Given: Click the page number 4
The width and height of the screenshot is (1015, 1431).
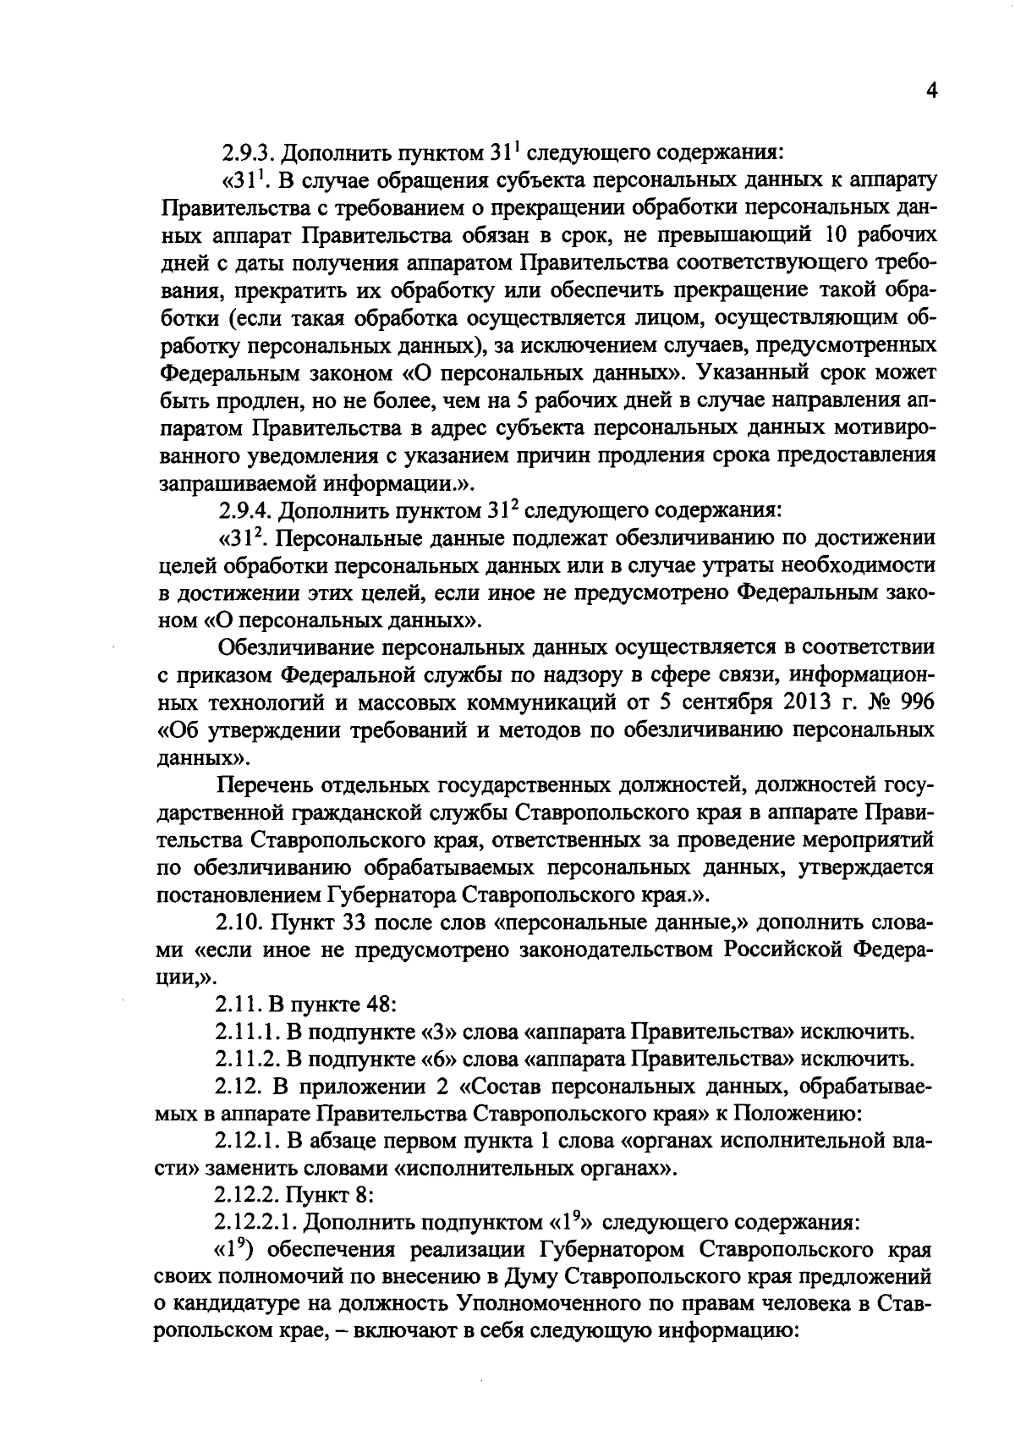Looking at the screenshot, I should pyautogui.click(x=931, y=91).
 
